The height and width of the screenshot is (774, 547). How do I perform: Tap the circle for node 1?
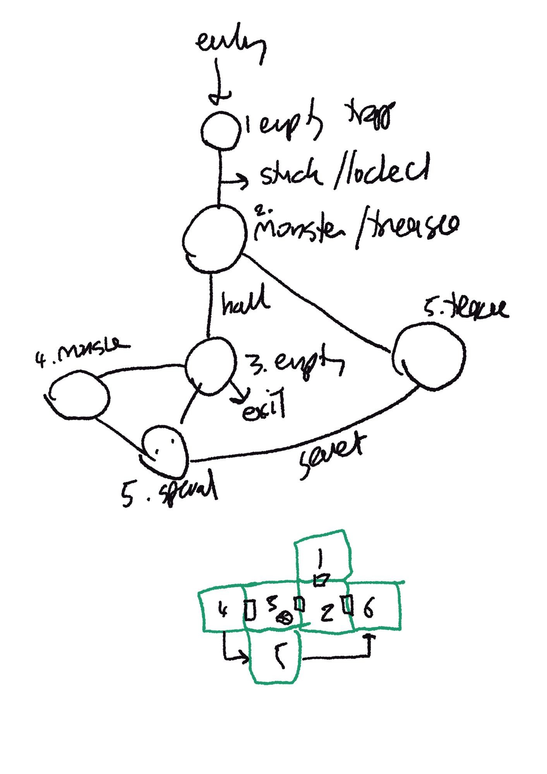click(219, 130)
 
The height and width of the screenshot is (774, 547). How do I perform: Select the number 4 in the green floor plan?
click(222, 610)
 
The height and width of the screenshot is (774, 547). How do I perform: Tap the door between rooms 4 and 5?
click(250, 610)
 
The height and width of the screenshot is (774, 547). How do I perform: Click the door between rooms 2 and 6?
click(348, 605)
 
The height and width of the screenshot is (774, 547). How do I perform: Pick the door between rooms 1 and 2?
click(321, 580)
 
